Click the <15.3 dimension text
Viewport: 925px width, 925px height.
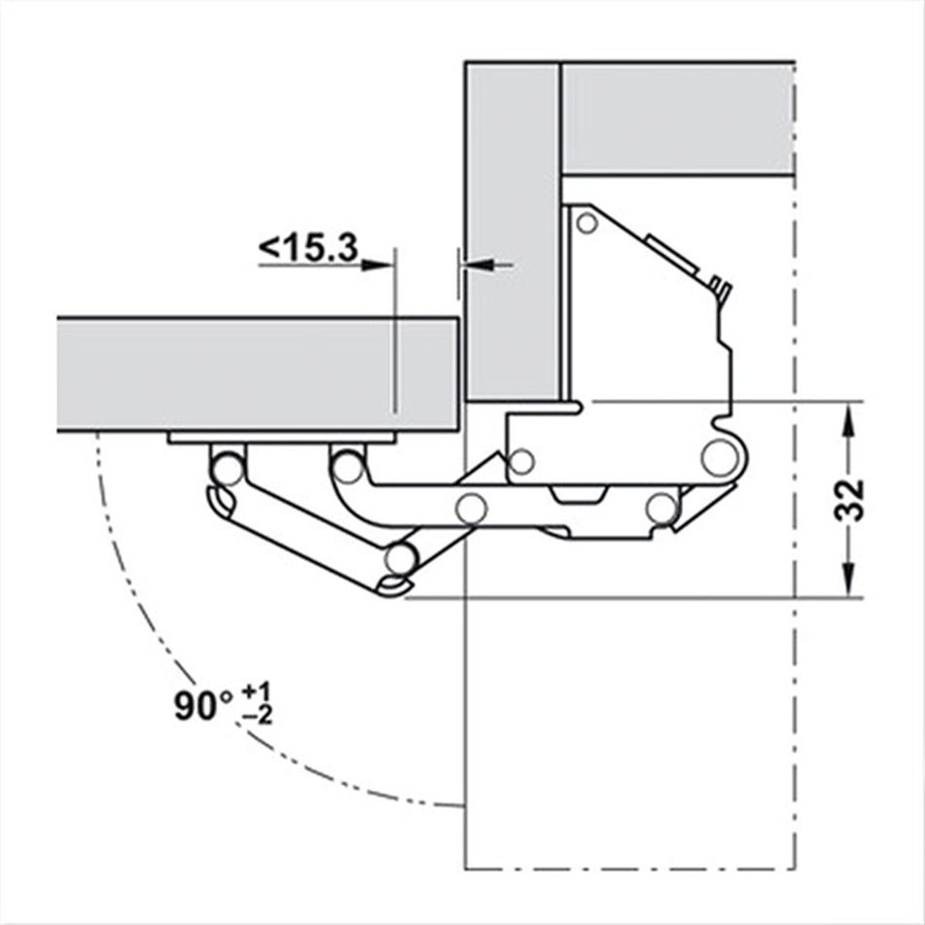pos(307,249)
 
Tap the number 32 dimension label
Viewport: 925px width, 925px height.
pos(849,500)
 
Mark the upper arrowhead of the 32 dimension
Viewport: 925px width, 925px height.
pos(849,414)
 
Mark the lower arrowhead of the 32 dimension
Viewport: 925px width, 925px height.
pos(849,584)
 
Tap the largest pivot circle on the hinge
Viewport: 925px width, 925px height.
pos(719,456)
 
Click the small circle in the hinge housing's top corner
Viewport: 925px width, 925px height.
pos(586,225)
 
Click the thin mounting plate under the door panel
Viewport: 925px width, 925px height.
pos(281,439)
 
